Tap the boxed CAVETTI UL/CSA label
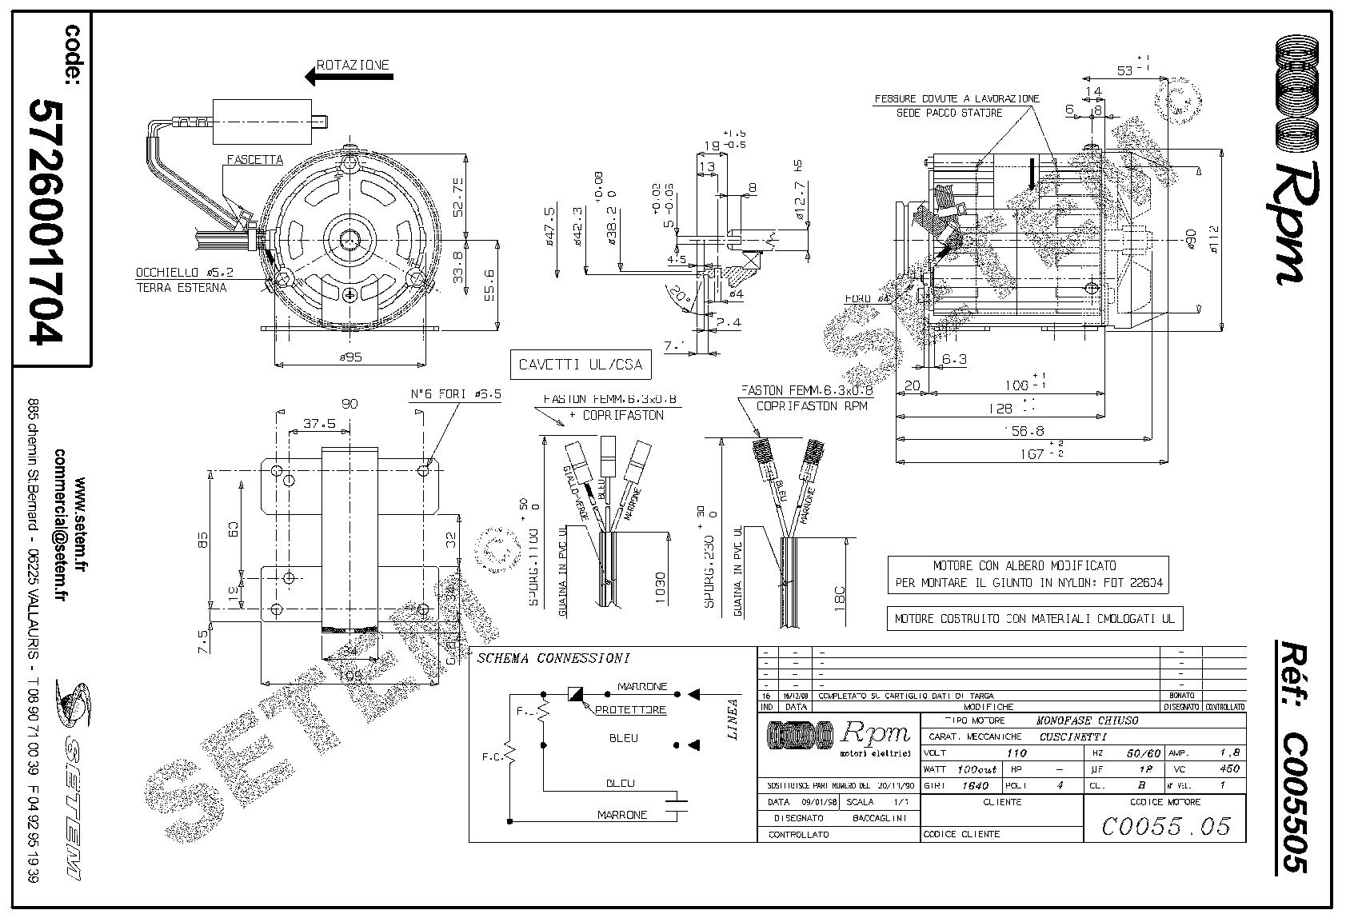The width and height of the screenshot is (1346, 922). (580, 365)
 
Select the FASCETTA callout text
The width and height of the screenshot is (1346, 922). (254, 160)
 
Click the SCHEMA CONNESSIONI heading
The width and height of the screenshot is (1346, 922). (553, 659)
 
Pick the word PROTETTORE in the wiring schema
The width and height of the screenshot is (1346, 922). (631, 709)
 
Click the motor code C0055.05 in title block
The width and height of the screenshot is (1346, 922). (1165, 826)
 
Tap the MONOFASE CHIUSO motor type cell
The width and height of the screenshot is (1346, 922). (1087, 720)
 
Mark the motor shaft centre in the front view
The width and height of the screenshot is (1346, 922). (349, 238)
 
